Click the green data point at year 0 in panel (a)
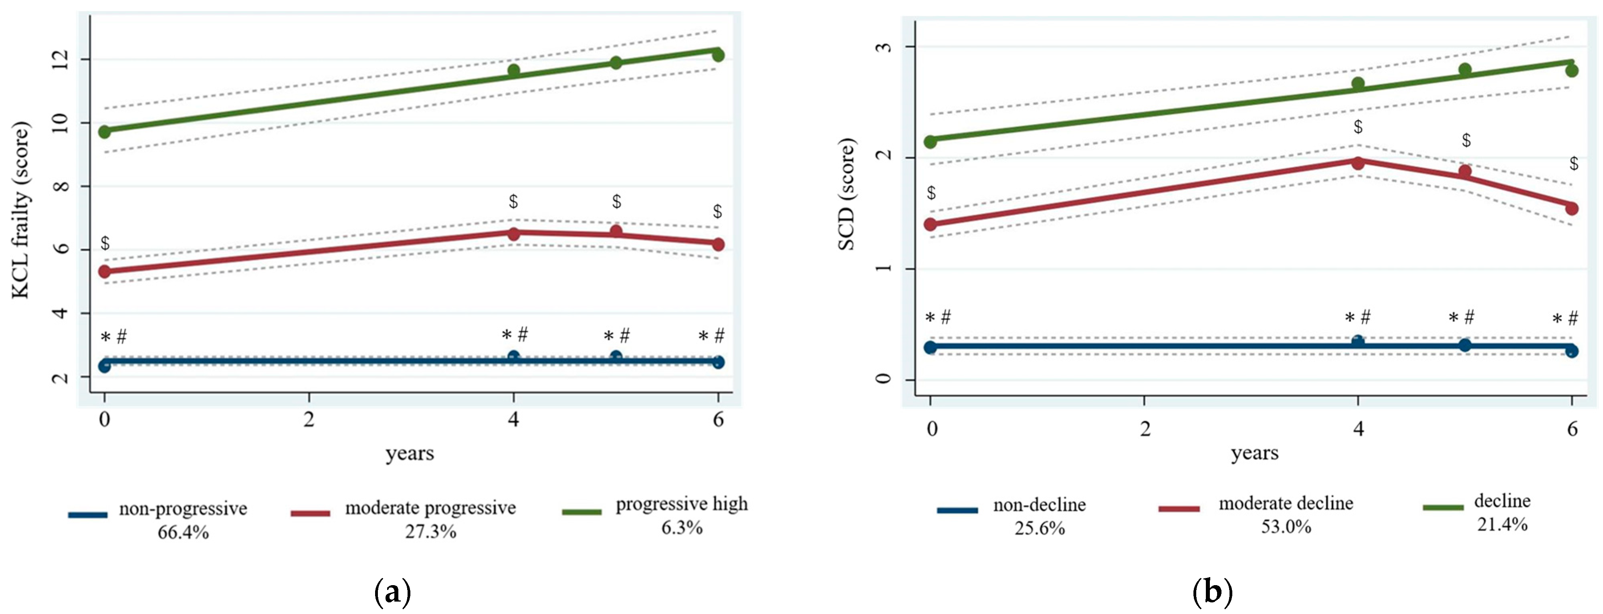[x=105, y=132]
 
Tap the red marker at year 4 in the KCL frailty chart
[x=513, y=234]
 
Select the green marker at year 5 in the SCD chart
[x=1465, y=70]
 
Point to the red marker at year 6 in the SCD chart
[x=1571, y=208]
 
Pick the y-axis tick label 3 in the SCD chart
[x=884, y=47]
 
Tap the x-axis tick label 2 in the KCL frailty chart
[x=309, y=420]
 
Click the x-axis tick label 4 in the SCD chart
[x=1359, y=429]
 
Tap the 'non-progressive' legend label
[x=183, y=509]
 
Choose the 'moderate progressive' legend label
[x=431, y=508]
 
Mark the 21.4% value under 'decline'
[x=1502, y=524]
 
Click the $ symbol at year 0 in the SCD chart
[x=931, y=193]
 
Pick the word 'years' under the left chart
[x=410, y=454]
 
